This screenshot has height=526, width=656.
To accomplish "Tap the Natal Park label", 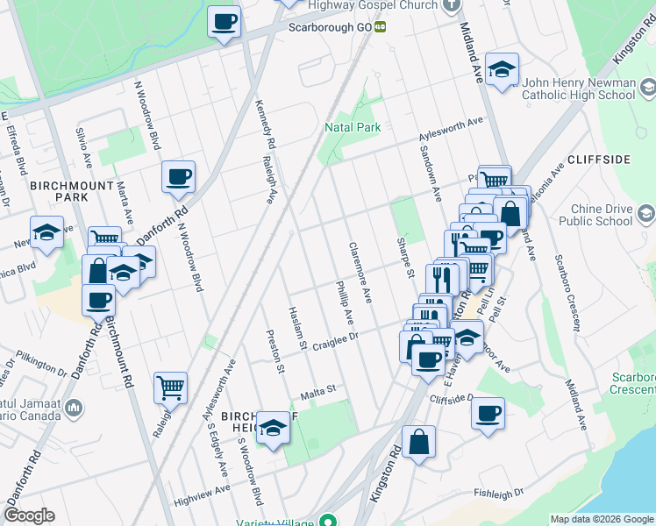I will [x=353, y=128].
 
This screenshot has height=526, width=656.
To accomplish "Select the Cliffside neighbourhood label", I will [x=599, y=160].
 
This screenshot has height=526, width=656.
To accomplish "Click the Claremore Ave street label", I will [x=360, y=274].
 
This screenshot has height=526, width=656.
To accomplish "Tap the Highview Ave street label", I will [x=201, y=495].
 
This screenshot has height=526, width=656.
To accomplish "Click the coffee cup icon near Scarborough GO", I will [x=224, y=21].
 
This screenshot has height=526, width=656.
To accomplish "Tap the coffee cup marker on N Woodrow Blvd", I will [x=178, y=177].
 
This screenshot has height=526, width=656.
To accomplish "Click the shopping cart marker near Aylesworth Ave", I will [x=170, y=387].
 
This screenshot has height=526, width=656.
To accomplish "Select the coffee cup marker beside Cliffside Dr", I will [x=488, y=413].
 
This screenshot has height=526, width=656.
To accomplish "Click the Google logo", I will [x=30, y=515].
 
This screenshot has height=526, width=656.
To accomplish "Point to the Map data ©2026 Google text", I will [x=602, y=519].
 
